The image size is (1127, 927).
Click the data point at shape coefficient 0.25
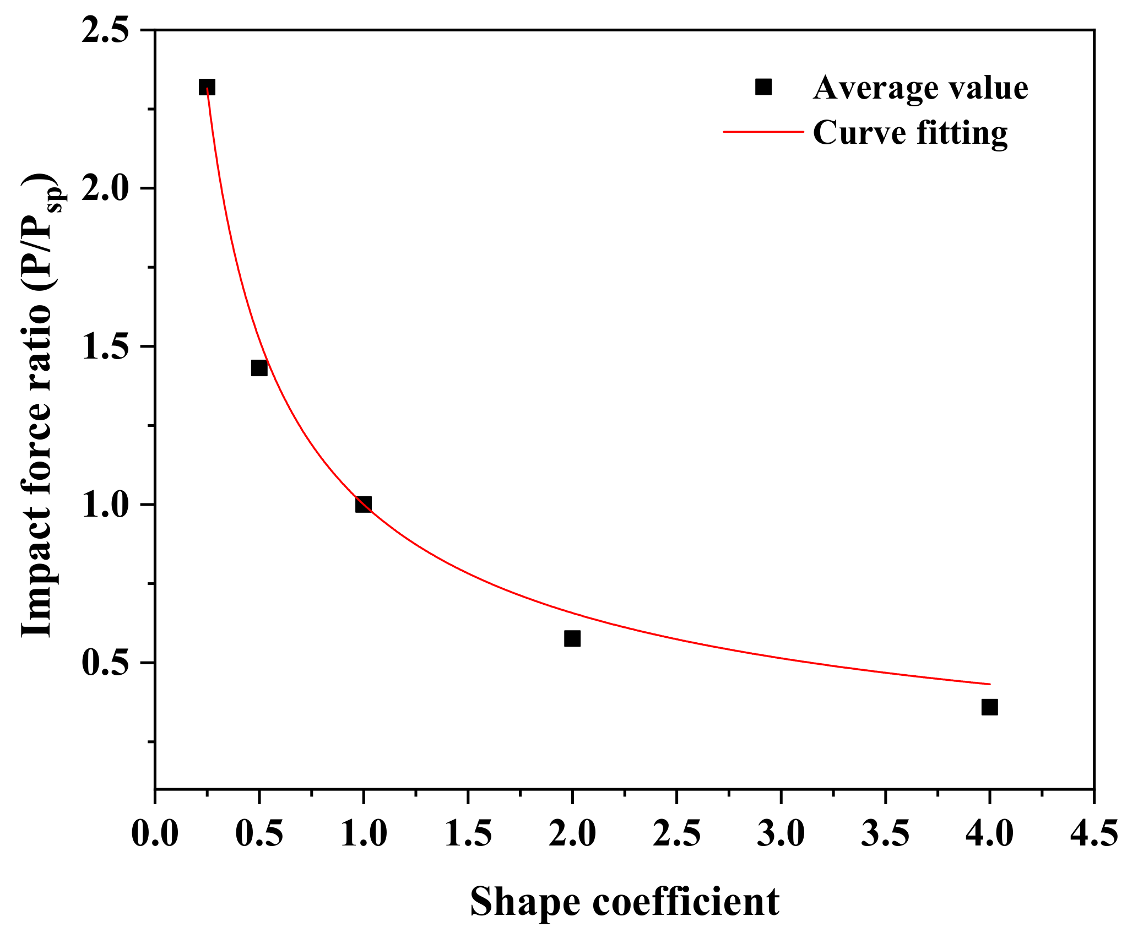pyautogui.click(x=207, y=87)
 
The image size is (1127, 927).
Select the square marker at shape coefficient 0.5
pyautogui.click(x=259, y=367)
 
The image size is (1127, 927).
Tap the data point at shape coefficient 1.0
pyautogui.click(x=363, y=504)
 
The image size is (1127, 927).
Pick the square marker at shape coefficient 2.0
pyautogui.click(x=572, y=638)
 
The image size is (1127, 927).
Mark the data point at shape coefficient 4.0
pyautogui.click(x=989, y=707)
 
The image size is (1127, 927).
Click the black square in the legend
pyautogui.click(x=763, y=86)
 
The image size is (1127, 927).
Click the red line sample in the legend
pyautogui.click(x=763, y=132)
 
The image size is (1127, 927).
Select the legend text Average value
pyautogui.click(x=920, y=88)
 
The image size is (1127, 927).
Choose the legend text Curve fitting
pyautogui.click(x=910, y=133)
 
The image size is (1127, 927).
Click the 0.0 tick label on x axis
pyautogui.click(x=155, y=833)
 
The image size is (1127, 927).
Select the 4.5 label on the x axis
pyautogui.click(x=1094, y=833)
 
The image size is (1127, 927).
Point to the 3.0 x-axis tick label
pyautogui.click(x=781, y=833)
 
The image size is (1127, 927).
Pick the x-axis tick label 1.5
pyautogui.click(x=468, y=833)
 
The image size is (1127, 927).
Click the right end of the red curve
pyautogui.click(x=989, y=684)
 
